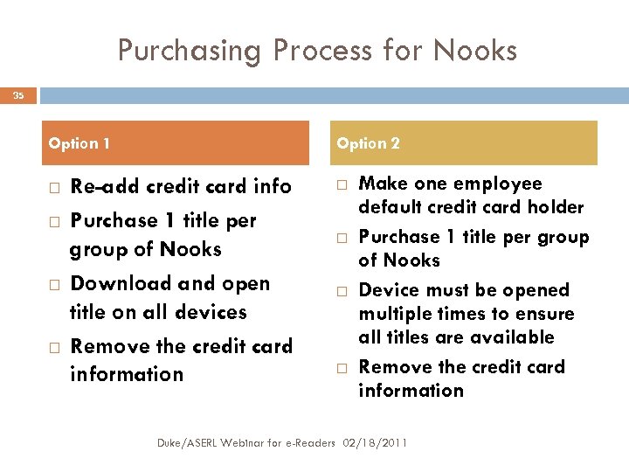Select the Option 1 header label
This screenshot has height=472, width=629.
[x=79, y=143]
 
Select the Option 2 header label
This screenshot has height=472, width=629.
[x=369, y=143]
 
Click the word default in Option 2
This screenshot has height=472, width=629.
[x=389, y=207]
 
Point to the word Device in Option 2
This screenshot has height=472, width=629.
[x=388, y=290]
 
